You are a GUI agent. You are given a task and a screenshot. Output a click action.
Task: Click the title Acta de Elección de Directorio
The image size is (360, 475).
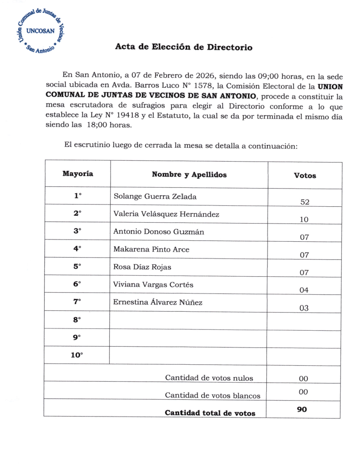(184, 47)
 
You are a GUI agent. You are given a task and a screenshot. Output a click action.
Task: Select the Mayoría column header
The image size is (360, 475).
(77, 174)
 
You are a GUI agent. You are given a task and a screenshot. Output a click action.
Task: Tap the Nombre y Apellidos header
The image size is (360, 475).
(189, 174)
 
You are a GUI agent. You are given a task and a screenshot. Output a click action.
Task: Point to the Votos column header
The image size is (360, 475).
(305, 175)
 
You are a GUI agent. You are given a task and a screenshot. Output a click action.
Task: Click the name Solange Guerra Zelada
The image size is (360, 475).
(155, 196)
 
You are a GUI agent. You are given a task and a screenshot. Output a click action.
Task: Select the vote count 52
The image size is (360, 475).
(304, 202)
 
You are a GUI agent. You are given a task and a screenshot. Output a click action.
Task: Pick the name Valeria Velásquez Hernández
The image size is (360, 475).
(166, 214)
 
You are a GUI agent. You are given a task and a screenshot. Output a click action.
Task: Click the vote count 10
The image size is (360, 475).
(304, 220)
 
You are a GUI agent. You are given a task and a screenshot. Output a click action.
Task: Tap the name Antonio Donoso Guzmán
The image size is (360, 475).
(158, 232)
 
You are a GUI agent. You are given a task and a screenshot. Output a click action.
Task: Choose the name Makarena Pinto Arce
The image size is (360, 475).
(151, 250)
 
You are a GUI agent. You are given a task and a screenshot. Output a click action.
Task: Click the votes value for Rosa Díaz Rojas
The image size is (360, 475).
(304, 273)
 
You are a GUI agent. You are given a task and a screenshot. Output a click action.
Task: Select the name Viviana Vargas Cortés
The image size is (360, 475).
(153, 285)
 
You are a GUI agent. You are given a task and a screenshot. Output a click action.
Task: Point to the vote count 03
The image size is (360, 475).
(304, 308)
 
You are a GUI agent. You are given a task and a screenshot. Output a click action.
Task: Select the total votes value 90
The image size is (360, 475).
(302, 410)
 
